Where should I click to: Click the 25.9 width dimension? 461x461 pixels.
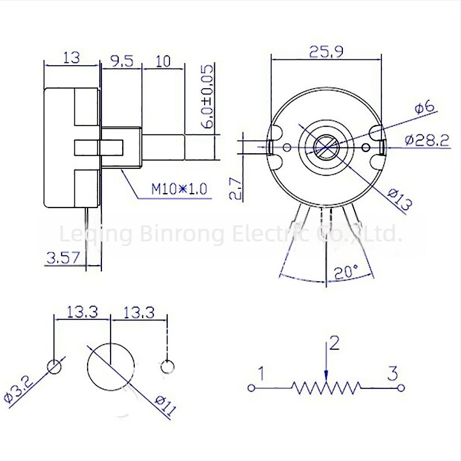[x=326, y=52]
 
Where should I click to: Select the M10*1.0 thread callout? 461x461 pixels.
[x=179, y=189]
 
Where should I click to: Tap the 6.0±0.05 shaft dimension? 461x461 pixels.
[x=207, y=96]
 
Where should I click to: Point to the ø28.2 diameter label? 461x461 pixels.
[x=426, y=140]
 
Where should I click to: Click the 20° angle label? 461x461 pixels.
[x=347, y=271]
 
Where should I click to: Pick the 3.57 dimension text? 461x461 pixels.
[x=63, y=258]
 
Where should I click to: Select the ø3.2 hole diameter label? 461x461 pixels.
[x=20, y=392]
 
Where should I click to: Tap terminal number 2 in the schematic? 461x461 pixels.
[x=334, y=343]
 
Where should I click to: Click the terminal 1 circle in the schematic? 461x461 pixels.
[x=251, y=388]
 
